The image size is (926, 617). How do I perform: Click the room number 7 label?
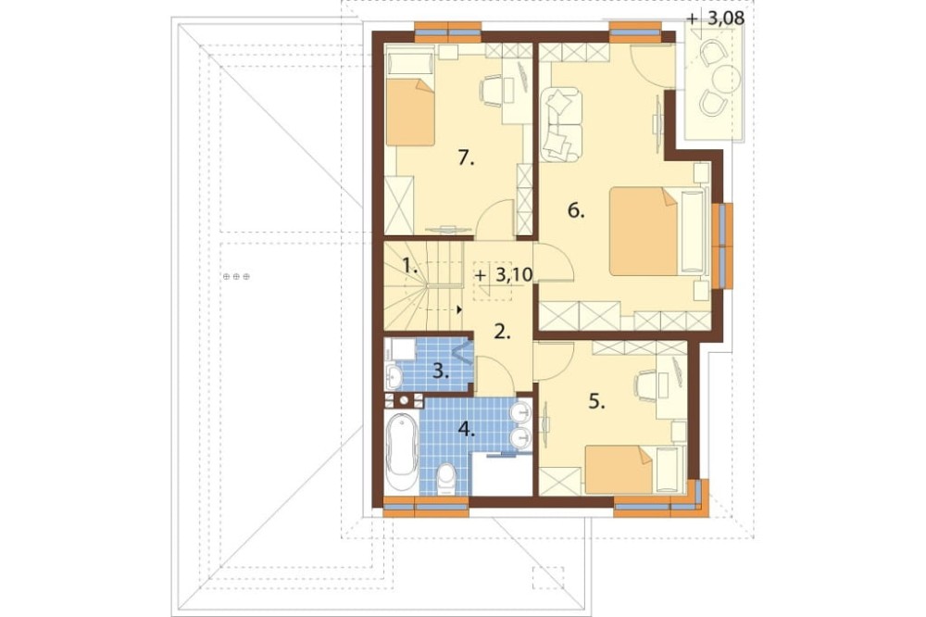(x=466, y=157)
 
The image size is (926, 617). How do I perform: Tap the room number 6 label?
(x=576, y=210)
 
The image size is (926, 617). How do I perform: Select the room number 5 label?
(x=597, y=402)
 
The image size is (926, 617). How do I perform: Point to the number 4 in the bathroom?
(x=467, y=428)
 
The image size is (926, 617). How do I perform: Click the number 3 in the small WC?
(x=440, y=371)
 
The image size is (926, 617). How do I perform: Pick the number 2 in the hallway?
(x=502, y=333)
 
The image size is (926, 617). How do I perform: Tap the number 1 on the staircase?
(x=410, y=266)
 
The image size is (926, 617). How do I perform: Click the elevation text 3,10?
(x=513, y=274)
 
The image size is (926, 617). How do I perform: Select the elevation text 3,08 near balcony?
(x=725, y=19)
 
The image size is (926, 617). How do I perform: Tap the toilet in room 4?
(x=445, y=479)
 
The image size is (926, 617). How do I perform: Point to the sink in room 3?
(x=394, y=375)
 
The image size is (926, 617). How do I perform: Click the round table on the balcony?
(x=726, y=78)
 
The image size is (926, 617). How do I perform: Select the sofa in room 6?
(x=560, y=124)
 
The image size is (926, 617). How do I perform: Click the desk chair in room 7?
(x=491, y=90)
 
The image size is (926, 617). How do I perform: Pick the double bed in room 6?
(x=657, y=231)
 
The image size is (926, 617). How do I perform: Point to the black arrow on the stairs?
(x=459, y=308)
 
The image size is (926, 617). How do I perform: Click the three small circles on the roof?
(x=236, y=276)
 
